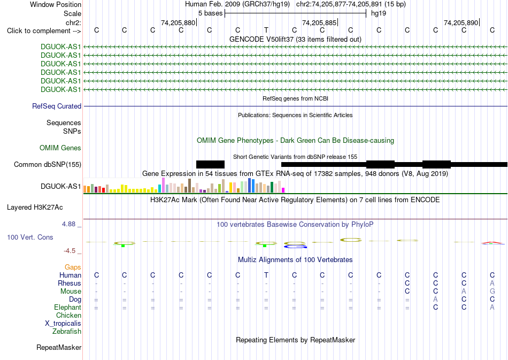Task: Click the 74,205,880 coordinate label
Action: click(x=178, y=22)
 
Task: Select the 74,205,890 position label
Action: click(x=461, y=22)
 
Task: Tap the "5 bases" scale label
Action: click(x=211, y=13)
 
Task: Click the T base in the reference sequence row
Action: click(x=266, y=30)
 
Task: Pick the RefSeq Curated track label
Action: click(x=57, y=106)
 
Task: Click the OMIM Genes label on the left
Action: click(x=60, y=148)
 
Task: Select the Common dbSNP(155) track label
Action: click(x=47, y=165)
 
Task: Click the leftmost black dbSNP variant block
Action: click(x=210, y=164)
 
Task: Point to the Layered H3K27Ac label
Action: click(x=35, y=208)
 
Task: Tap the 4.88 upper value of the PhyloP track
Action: click(x=68, y=224)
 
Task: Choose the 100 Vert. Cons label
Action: click(x=30, y=237)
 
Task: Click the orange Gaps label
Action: click(x=73, y=267)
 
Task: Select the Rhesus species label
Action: click(x=70, y=283)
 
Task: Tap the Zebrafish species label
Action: click(x=67, y=331)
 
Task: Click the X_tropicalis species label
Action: click(x=63, y=324)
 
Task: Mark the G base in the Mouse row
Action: click(x=492, y=292)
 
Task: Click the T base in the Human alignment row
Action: click(x=266, y=275)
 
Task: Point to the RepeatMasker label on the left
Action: click(x=59, y=347)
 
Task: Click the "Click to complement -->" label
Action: click(x=44, y=31)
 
